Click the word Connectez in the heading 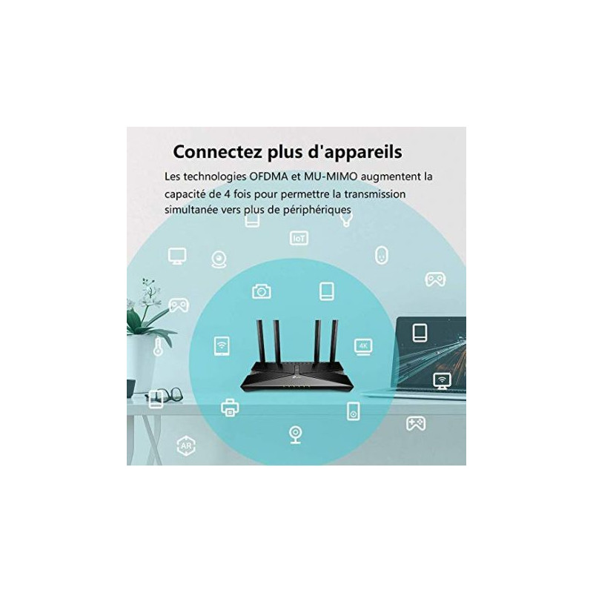(x=217, y=152)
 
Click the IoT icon (x=299, y=238)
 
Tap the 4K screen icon (x=363, y=347)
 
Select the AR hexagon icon (x=186, y=446)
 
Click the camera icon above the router (x=262, y=291)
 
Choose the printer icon (x=230, y=408)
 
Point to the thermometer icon (x=158, y=347)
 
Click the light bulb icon (x=346, y=219)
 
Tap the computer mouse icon (x=382, y=255)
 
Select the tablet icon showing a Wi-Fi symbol (x=222, y=345)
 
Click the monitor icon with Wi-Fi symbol (x=442, y=380)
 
